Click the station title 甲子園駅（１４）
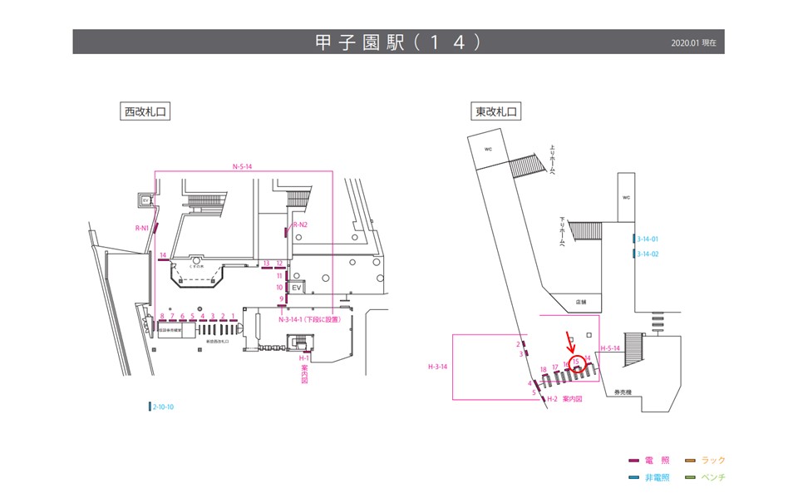(398, 42)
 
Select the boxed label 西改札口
(146, 112)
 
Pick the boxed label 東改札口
(496, 112)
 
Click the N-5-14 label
(242, 167)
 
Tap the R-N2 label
(300, 225)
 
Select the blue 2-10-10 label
(162, 407)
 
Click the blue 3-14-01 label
(648, 239)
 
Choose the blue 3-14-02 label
(648, 254)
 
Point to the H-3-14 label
(438, 366)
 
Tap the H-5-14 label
(610, 348)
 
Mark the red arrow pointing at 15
(569, 340)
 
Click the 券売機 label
(624, 392)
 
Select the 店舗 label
(581, 302)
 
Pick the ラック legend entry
(713, 461)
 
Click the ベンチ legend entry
(713, 477)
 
